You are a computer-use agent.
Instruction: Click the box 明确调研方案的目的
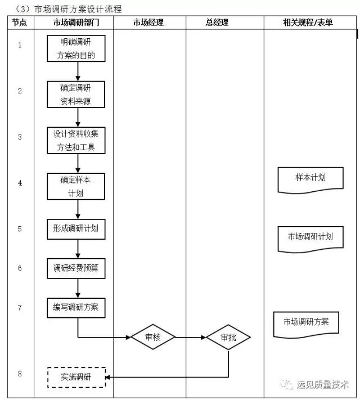(x=76, y=49)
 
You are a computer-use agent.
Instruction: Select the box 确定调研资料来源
(x=76, y=95)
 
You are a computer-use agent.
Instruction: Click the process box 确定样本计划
(x=76, y=186)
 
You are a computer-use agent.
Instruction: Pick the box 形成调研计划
(x=76, y=228)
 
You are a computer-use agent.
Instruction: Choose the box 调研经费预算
(x=76, y=268)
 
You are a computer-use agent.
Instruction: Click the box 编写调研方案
(x=76, y=307)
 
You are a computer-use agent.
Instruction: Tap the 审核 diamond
(x=153, y=337)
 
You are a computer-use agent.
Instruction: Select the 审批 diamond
(x=228, y=338)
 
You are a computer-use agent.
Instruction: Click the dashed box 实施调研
(x=76, y=377)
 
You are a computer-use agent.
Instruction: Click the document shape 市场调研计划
(x=310, y=238)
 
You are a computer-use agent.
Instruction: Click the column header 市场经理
(x=149, y=23)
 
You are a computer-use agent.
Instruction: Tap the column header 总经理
(x=224, y=23)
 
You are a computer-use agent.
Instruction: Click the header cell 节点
(x=20, y=23)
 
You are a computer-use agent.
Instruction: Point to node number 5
(x=20, y=229)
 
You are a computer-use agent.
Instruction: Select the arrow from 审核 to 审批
(x=190, y=338)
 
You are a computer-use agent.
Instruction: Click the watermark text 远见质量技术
(x=323, y=385)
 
